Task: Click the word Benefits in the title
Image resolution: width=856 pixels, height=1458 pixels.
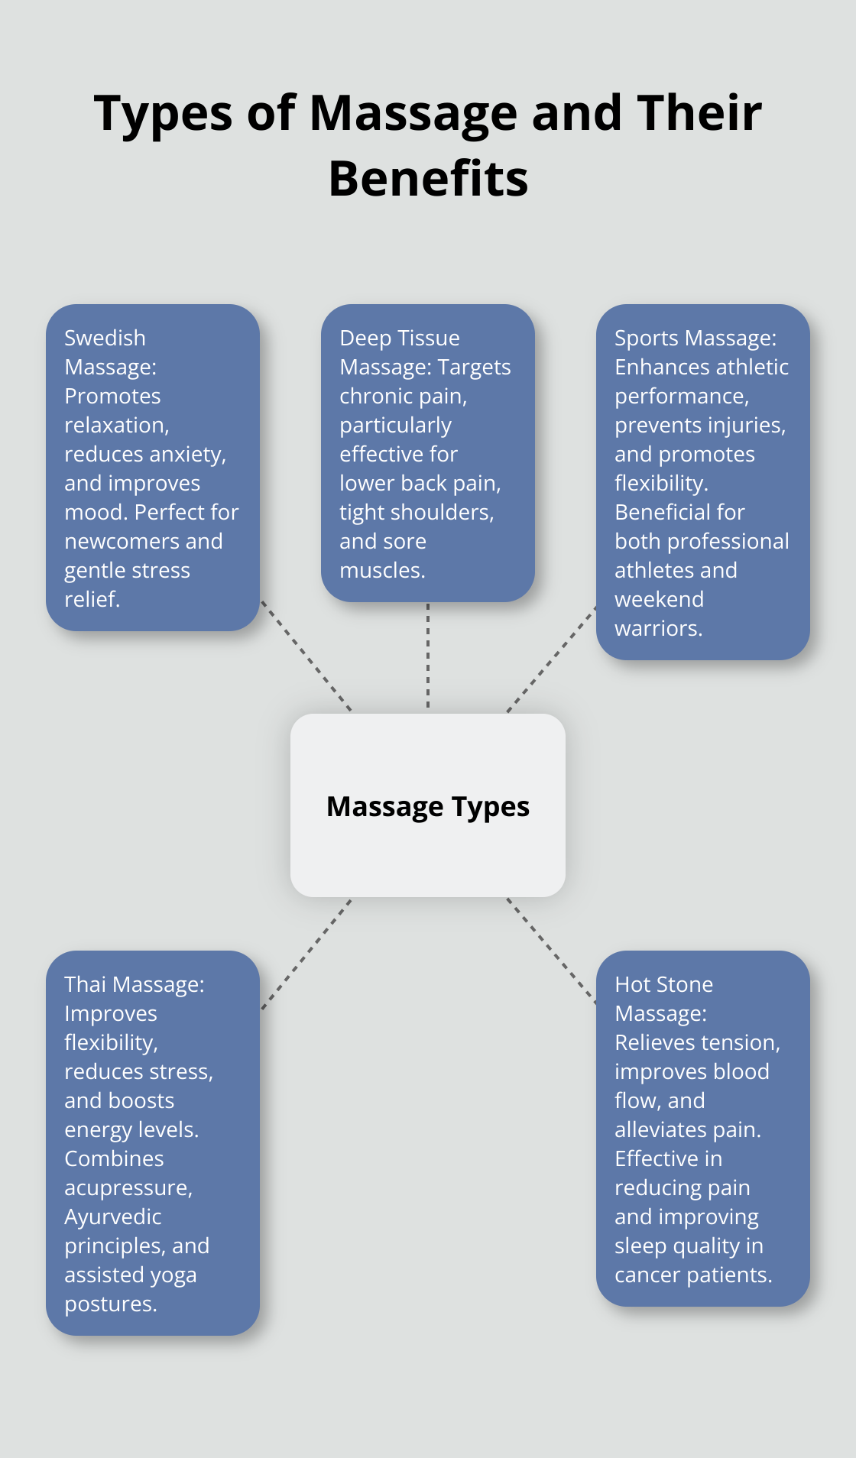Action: [x=428, y=179]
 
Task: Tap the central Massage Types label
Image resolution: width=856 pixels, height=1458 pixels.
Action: [x=428, y=807]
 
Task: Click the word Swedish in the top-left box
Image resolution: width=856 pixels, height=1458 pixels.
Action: [x=105, y=338]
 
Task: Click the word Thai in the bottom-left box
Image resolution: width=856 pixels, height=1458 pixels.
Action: [x=85, y=984]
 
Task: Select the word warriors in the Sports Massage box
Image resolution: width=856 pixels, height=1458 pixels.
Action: [x=658, y=628]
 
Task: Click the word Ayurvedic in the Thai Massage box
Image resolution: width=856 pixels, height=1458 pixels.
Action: [x=113, y=1217]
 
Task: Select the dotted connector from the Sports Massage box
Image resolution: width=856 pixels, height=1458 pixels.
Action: [x=552, y=659]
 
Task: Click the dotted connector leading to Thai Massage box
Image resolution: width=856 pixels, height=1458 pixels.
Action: [x=306, y=954]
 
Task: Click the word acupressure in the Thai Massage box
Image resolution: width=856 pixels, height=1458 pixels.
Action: [x=127, y=1187]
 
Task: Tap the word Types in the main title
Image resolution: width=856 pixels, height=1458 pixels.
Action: [x=163, y=113]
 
